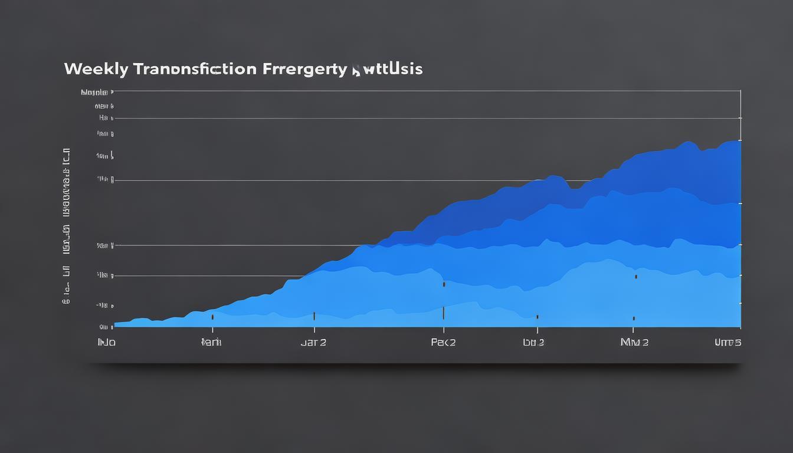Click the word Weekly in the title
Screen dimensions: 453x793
[96, 69]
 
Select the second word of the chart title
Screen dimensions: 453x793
[195, 69]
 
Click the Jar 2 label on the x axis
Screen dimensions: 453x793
[313, 342]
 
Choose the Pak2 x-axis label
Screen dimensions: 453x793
[443, 342]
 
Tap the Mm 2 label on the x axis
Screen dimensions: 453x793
[634, 342]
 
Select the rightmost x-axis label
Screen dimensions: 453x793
[728, 342]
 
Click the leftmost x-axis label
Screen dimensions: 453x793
[106, 342]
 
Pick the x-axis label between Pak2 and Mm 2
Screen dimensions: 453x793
[533, 342]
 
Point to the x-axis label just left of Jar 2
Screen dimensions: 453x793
[211, 342]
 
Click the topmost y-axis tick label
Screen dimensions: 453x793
[94, 93]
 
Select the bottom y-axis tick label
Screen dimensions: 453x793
[104, 326]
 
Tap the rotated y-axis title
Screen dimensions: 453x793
[67, 224]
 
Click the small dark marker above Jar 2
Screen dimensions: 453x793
[314, 316]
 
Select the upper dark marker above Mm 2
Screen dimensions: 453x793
[635, 276]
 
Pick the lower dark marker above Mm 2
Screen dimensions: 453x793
[634, 318]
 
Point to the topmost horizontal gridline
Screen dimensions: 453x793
[425, 91]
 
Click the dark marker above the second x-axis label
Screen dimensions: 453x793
[212, 317]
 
